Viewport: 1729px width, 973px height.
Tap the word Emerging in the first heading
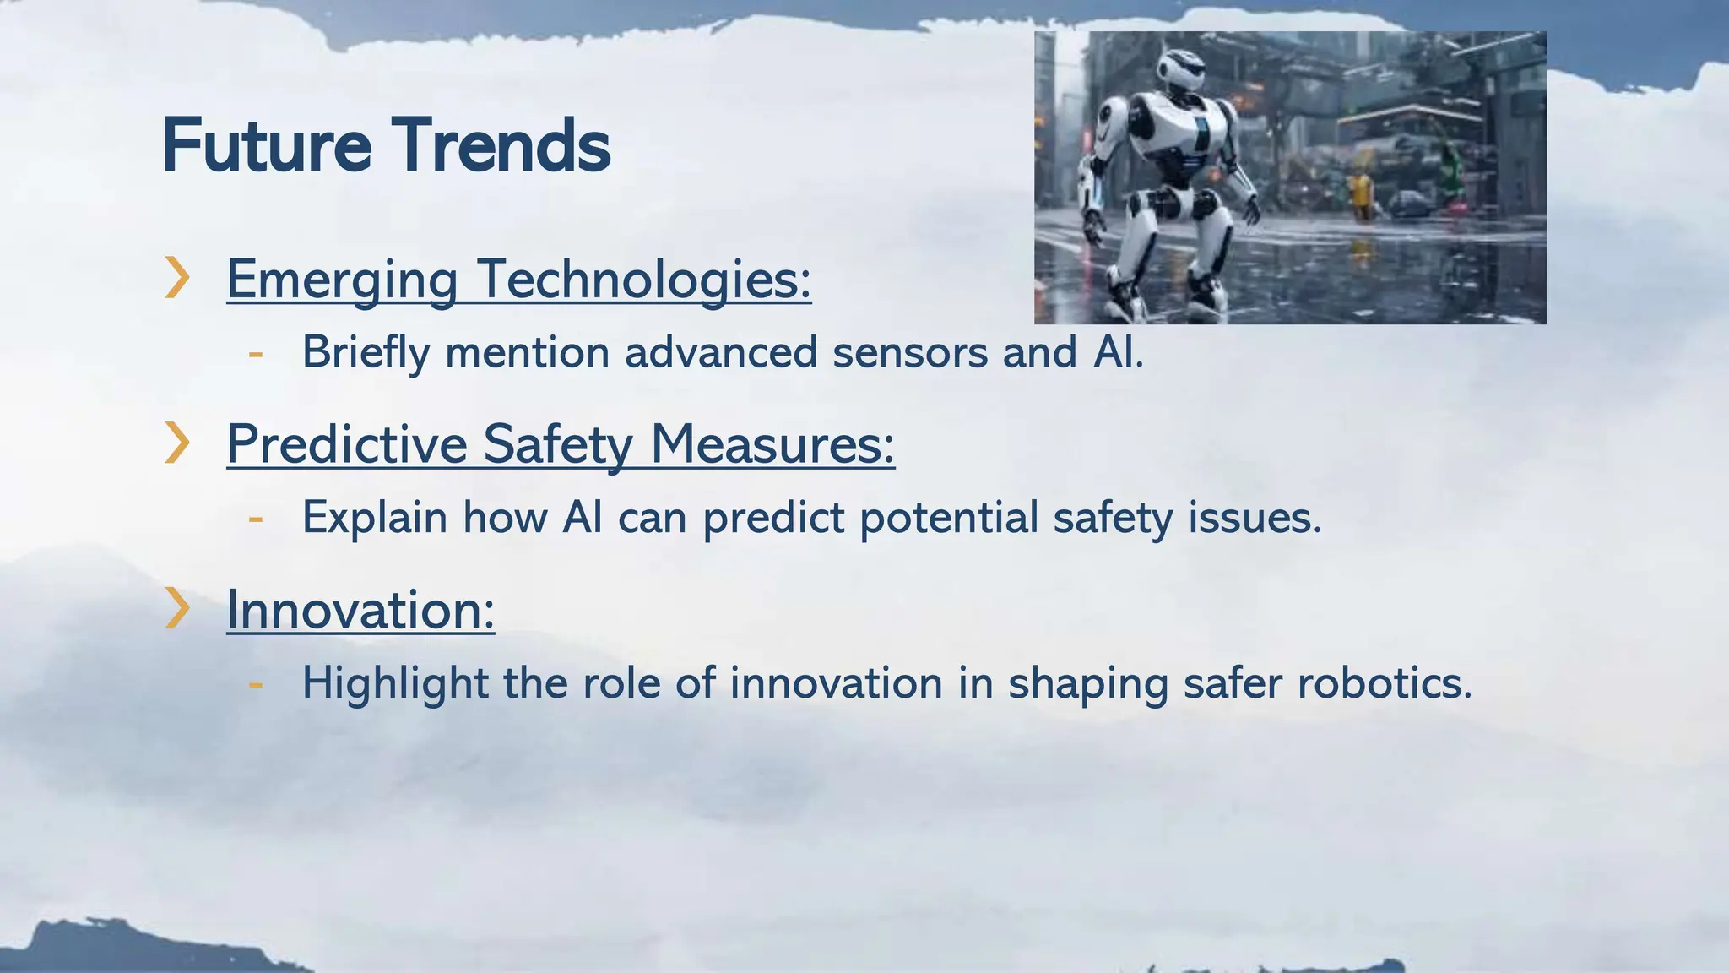[342, 279]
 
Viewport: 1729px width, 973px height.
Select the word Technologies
[643, 279]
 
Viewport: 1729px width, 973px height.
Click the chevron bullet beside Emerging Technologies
[176, 277]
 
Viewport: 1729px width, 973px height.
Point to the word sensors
[909, 352]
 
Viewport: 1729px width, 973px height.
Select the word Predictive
[346, 444]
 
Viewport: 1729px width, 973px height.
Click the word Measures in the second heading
[772, 444]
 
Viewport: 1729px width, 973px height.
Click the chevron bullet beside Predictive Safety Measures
[176, 443]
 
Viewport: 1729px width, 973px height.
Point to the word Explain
[374, 517]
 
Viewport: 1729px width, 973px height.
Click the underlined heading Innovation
[360, 609]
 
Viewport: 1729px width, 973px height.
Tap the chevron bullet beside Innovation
[176, 608]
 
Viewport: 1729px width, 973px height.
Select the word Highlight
[395, 683]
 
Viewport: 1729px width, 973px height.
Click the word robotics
[1385, 682]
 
